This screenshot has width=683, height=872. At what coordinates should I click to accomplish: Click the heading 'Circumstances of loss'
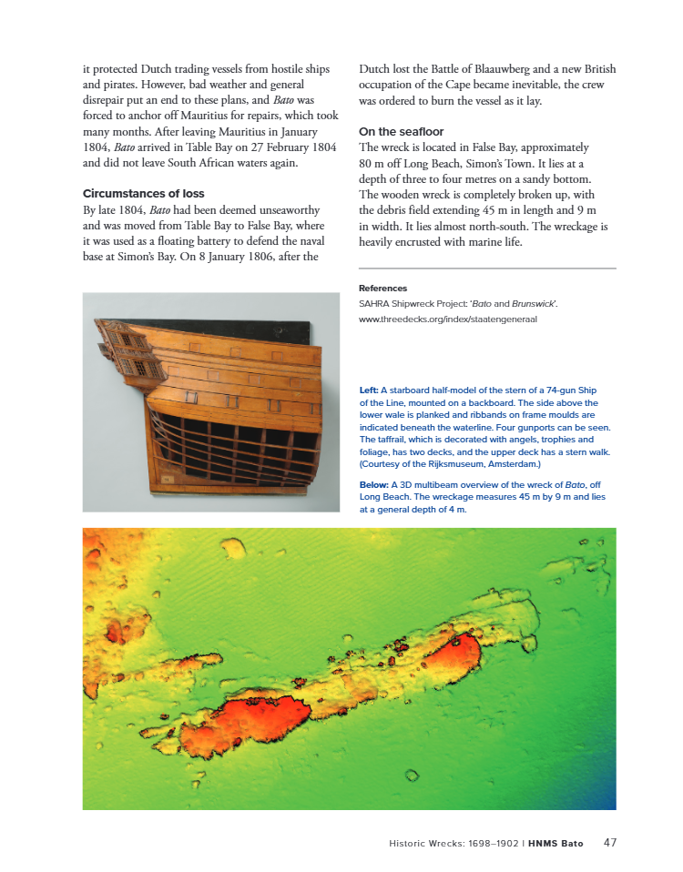[143, 194]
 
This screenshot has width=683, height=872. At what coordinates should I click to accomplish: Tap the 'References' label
[382, 289]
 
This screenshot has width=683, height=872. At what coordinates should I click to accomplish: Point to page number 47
[610, 843]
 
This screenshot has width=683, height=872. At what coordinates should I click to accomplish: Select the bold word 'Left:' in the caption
[369, 390]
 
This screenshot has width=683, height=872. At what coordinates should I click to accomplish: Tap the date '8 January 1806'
[232, 257]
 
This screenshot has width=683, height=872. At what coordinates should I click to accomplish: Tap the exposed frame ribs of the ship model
[237, 446]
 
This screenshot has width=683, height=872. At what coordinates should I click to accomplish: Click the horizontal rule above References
[487, 269]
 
